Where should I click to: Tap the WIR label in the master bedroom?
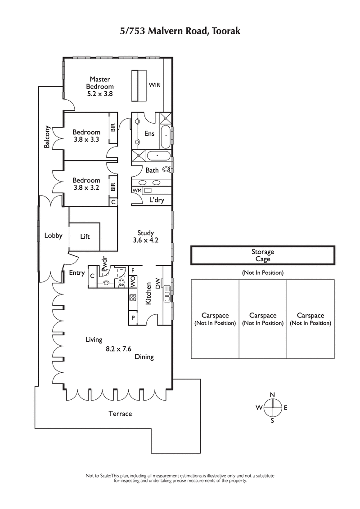coord(154,85)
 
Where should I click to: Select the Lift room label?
coord(85,236)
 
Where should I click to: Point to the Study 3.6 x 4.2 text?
coord(146,237)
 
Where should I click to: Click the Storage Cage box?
coord(263,255)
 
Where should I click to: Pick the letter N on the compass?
coord(272,395)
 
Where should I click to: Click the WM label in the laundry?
coord(136,191)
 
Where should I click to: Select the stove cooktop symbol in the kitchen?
coord(133,297)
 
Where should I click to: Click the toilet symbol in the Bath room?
coord(166,170)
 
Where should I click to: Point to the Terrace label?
coord(120,413)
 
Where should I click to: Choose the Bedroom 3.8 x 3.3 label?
coord(86,135)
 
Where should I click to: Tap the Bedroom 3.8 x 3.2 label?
coord(86,184)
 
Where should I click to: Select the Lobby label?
coord(53,236)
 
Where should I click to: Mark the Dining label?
coord(144,357)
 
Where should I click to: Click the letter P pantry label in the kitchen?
coord(133,317)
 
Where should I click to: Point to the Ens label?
coord(149,134)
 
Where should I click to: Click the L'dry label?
coord(156,200)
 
